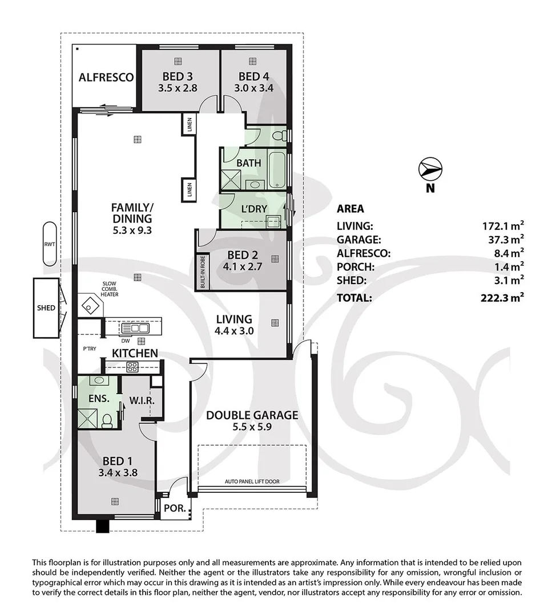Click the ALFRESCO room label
click(106, 78)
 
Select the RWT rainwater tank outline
click(50, 244)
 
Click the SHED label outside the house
click(46, 308)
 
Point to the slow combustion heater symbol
click(90, 305)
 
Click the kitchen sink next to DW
click(135, 328)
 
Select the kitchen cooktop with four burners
click(132, 367)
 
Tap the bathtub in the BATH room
click(278, 170)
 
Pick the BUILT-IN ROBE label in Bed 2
click(203, 271)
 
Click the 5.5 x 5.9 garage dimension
click(252, 426)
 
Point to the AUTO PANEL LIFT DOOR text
click(252, 481)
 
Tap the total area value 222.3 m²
click(503, 297)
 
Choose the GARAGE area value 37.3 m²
click(503, 240)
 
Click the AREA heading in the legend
click(350, 209)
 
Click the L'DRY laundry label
click(254, 209)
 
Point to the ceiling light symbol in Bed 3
click(178, 61)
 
